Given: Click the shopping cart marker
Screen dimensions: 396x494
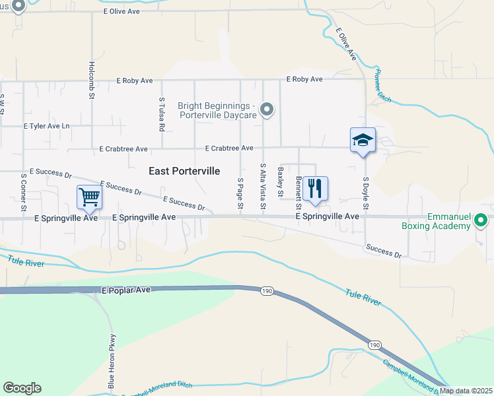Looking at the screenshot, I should (x=89, y=197).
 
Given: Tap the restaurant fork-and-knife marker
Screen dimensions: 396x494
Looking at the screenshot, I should (x=316, y=188).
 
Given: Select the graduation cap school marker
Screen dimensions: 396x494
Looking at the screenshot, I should (x=363, y=140).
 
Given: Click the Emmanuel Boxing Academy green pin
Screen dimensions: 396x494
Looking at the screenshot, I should (x=481, y=220).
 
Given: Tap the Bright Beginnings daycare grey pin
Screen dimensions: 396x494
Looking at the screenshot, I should (x=267, y=110).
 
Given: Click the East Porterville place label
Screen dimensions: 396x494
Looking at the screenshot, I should (x=184, y=171).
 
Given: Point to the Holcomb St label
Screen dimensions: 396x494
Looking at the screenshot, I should (x=92, y=81).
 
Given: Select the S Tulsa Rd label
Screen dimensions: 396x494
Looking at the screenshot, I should (x=161, y=114).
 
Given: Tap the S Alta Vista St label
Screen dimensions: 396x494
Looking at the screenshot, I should (x=263, y=188).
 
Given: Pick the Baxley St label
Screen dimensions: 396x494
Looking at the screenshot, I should (x=281, y=182).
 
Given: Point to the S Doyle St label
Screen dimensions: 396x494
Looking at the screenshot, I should (x=364, y=193).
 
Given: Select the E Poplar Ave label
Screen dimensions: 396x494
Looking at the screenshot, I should (x=127, y=290).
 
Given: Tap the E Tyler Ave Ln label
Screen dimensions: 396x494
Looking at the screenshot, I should (x=46, y=125).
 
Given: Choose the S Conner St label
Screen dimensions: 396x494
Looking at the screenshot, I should (x=23, y=193).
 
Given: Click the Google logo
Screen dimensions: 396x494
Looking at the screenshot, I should (x=22, y=388).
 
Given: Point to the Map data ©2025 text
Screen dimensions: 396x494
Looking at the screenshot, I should (x=466, y=391).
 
